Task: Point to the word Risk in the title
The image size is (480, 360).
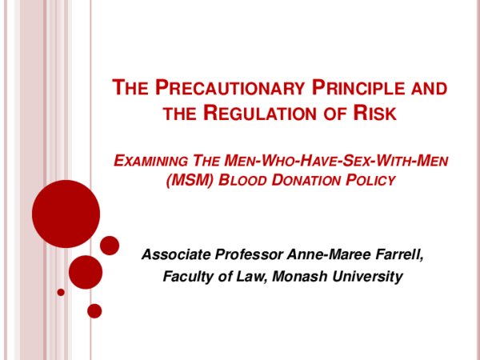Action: pyautogui.click(x=375, y=113)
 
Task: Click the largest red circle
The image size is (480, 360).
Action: pyautogui.click(x=66, y=214)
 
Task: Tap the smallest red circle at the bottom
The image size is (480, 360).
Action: pyautogui.click(x=94, y=310)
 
